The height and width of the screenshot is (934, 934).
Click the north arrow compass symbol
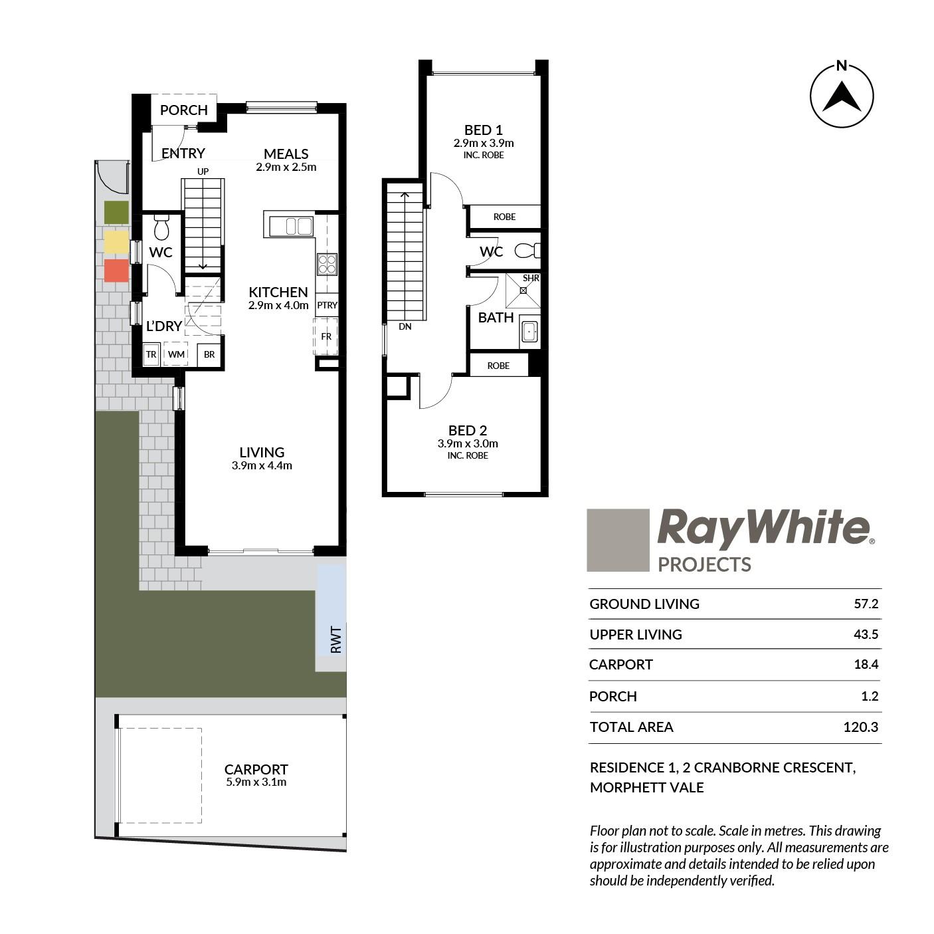(x=842, y=95)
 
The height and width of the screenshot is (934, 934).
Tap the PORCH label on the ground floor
(x=184, y=110)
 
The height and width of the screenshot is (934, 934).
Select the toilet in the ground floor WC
(x=161, y=227)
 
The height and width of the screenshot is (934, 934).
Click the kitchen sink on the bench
(x=298, y=227)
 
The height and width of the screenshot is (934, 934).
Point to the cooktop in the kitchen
(x=327, y=265)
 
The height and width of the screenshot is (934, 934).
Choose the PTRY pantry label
(x=327, y=305)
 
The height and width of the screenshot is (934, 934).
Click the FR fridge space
(x=326, y=336)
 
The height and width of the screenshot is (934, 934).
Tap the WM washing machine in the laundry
(x=176, y=354)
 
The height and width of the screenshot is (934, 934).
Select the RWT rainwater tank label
(x=336, y=639)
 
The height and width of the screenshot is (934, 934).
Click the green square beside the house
(x=117, y=213)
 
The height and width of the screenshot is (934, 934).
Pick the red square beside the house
(x=117, y=271)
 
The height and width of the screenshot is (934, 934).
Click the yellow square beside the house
(x=117, y=241)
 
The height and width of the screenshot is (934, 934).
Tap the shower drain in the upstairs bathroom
(x=523, y=291)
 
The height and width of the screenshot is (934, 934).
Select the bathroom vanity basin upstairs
(x=529, y=332)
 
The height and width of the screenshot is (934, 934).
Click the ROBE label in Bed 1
(x=505, y=217)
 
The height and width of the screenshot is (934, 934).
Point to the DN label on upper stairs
(x=405, y=326)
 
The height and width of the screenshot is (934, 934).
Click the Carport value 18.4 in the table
(x=866, y=664)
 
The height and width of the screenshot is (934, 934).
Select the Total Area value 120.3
(x=861, y=727)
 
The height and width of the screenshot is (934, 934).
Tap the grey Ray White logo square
(x=618, y=540)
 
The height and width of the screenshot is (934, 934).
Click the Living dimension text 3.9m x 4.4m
(x=262, y=466)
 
